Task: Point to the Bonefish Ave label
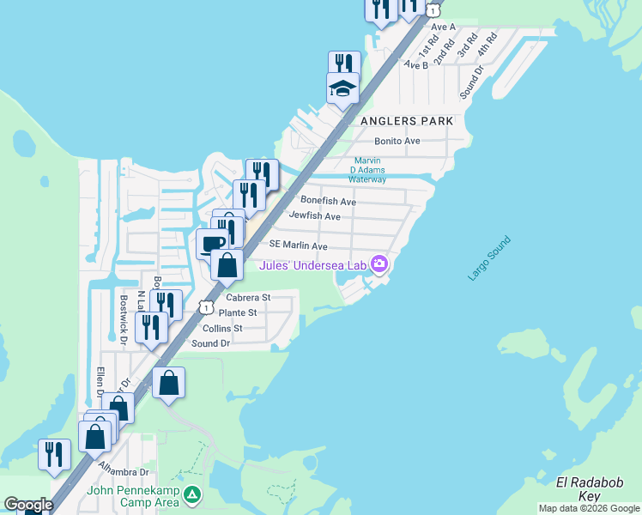[x=328, y=202]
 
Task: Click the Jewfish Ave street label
[x=315, y=216]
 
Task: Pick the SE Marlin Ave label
[x=299, y=246]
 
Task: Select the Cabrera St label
[x=248, y=298]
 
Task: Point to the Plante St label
[x=238, y=313]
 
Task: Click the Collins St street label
[x=222, y=329]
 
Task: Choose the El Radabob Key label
[x=586, y=489]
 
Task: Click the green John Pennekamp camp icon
[x=194, y=495]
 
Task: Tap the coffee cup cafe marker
[x=213, y=242]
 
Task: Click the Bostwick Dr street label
[x=124, y=314]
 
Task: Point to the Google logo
[x=28, y=505]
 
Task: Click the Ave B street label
[x=415, y=64]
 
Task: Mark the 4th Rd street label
[x=488, y=45]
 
